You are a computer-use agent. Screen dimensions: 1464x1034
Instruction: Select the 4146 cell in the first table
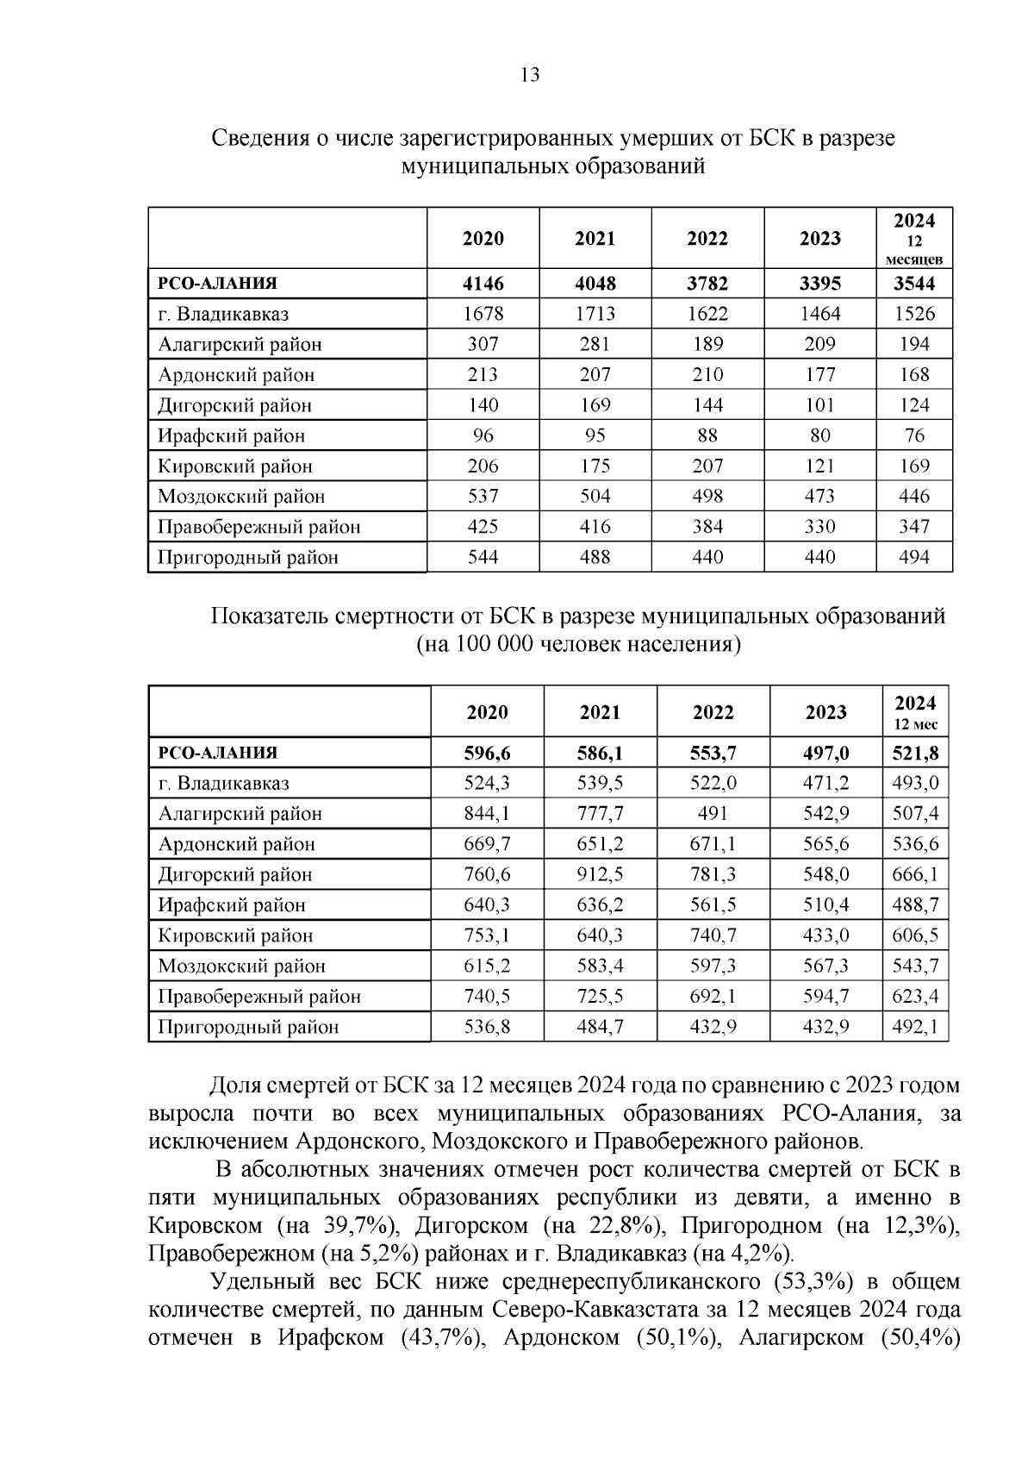click(x=483, y=284)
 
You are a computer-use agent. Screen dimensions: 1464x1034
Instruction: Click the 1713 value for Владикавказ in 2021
click(x=595, y=314)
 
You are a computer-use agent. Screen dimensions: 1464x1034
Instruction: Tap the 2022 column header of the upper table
click(x=707, y=239)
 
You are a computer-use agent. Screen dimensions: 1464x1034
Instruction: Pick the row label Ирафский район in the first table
click(x=231, y=436)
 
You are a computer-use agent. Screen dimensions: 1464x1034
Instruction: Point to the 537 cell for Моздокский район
click(x=483, y=497)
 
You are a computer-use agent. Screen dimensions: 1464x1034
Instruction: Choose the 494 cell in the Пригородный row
click(x=913, y=557)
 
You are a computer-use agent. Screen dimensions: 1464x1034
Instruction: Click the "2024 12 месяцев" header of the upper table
click(x=913, y=238)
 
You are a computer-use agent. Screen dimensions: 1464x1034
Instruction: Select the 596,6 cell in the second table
click(x=487, y=754)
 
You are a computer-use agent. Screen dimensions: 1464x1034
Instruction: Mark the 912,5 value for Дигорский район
click(x=600, y=875)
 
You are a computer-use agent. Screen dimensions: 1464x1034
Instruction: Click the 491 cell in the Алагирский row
click(x=713, y=814)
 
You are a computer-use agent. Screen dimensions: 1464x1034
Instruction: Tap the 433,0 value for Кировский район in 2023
click(x=825, y=935)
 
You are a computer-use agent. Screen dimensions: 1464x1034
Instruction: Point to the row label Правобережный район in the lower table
click(x=258, y=997)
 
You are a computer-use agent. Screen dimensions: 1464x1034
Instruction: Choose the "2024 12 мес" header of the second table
click(x=915, y=712)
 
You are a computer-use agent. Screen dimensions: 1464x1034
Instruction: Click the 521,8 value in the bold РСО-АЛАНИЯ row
click(x=915, y=754)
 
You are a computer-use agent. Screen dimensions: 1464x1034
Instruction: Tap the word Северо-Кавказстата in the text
click(x=594, y=1310)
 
